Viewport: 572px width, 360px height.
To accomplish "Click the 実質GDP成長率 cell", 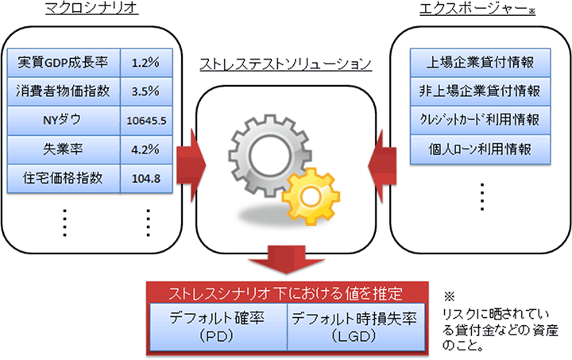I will click(x=63, y=62).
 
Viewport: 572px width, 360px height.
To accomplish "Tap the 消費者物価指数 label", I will click(x=63, y=91).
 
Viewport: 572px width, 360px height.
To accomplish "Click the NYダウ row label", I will click(x=63, y=120).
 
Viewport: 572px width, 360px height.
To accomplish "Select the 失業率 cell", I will click(x=63, y=149).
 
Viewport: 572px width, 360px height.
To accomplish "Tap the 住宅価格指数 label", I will click(x=63, y=177).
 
